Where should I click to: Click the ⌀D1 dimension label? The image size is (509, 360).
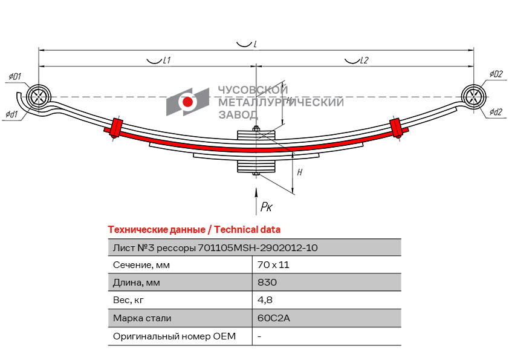click(x=15, y=76)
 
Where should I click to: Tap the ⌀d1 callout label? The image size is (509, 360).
click(x=11, y=114)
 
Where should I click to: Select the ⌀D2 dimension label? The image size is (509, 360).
click(x=496, y=74)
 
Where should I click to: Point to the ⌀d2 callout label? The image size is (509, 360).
click(x=496, y=112)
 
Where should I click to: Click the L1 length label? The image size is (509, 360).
click(x=166, y=60)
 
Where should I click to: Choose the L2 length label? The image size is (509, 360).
click(x=365, y=60)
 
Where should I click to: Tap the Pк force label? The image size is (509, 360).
click(x=267, y=207)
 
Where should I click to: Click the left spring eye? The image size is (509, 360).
click(x=39, y=96)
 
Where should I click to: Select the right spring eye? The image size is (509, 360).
click(x=473, y=96)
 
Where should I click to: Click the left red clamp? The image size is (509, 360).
click(x=116, y=128)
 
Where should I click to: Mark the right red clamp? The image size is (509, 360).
click(x=396, y=128)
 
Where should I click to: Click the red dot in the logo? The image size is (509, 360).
click(x=187, y=102)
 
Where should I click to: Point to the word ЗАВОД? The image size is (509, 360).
click(x=238, y=115)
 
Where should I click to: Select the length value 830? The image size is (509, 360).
click(x=267, y=282)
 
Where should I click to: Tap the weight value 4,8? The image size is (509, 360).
click(x=265, y=300)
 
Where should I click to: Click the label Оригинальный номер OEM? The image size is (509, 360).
click(x=174, y=336)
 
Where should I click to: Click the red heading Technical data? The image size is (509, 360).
click(x=247, y=229)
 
